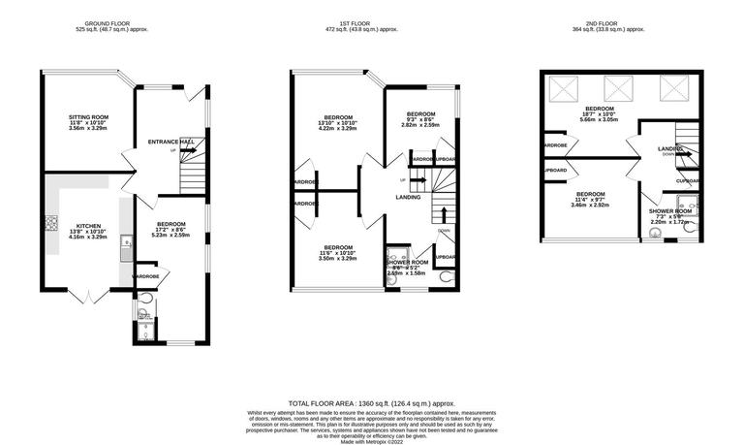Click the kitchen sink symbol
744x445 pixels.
click(x=126, y=250)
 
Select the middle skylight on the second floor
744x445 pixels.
click(x=615, y=89)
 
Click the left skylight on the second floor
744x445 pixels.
click(x=561, y=89)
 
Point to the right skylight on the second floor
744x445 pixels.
click(x=671, y=89)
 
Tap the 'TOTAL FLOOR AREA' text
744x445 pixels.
click(x=372, y=402)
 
